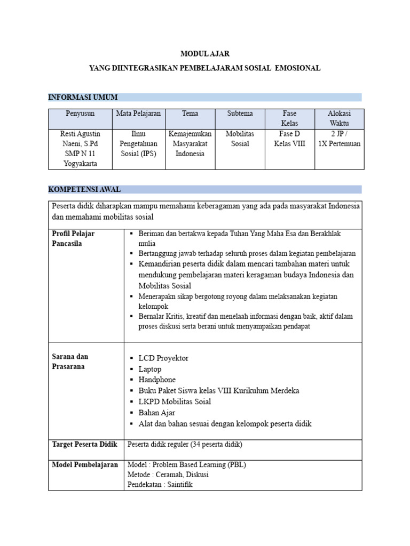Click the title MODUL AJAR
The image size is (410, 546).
coord(205,54)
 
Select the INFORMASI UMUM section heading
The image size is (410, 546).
coord(83,97)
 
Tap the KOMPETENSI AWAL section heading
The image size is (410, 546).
coord(84,189)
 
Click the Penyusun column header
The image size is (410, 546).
coord(80,114)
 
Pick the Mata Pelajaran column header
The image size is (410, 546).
coord(138,114)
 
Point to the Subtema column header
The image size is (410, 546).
coord(240,114)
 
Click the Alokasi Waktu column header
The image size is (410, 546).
coord(339,118)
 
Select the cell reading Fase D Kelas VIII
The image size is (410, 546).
coord(289,139)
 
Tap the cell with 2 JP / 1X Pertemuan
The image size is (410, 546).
coord(339,139)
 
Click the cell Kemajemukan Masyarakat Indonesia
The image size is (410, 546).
coord(190,143)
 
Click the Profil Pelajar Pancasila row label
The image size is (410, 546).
coord(73,238)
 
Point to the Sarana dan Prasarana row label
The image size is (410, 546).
coord(70,362)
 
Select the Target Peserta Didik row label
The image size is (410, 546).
coord(84,444)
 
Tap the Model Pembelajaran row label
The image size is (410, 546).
coord(85,465)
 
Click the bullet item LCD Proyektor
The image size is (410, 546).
coord(163,358)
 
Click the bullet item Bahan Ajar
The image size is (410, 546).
coord(156,413)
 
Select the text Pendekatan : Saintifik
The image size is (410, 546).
coord(160,485)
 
